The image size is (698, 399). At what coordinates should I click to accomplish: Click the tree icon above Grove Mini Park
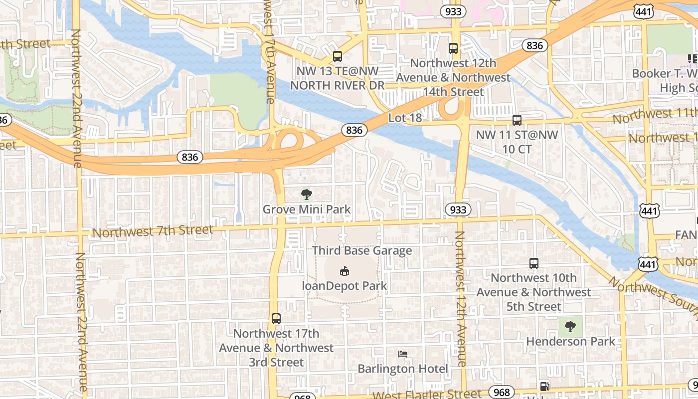pyautogui.click(x=307, y=194)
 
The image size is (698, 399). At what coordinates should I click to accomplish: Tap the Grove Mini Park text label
pyautogui.click(x=307, y=209)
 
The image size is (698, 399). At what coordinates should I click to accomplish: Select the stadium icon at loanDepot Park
pyautogui.click(x=344, y=271)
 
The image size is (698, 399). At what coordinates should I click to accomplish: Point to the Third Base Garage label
pyautogui.click(x=362, y=250)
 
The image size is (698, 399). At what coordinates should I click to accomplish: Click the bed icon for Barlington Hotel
pyautogui.click(x=403, y=354)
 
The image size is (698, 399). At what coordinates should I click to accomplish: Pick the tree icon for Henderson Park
pyautogui.click(x=570, y=327)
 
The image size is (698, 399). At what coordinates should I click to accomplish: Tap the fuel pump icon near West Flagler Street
pyautogui.click(x=544, y=386)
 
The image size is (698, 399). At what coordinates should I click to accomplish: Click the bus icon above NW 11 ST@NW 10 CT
pyautogui.click(x=517, y=120)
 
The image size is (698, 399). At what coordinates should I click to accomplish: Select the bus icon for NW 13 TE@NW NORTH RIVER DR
pyautogui.click(x=338, y=56)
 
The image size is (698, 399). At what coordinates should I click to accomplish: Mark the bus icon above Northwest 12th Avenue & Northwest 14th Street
pyautogui.click(x=453, y=48)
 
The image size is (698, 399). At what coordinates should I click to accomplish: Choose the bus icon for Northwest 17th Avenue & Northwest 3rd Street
pyautogui.click(x=276, y=318)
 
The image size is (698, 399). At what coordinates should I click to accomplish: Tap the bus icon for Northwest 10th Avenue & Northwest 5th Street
pyautogui.click(x=534, y=263)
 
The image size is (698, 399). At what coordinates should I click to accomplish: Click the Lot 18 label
pyautogui.click(x=405, y=118)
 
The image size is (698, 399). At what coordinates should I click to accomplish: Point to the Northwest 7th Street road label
pyautogui.click(x=153, y=231)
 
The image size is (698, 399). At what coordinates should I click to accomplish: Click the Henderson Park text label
pyautogui.click(x=571, y=342)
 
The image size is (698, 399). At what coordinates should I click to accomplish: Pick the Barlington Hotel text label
pyautogui.click(x=403, y=369)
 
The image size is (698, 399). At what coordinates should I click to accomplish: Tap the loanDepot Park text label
pyautogui.click(x=345, y=286)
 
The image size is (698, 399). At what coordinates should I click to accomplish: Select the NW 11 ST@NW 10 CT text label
pyautogui.click(x=517, y=142)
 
